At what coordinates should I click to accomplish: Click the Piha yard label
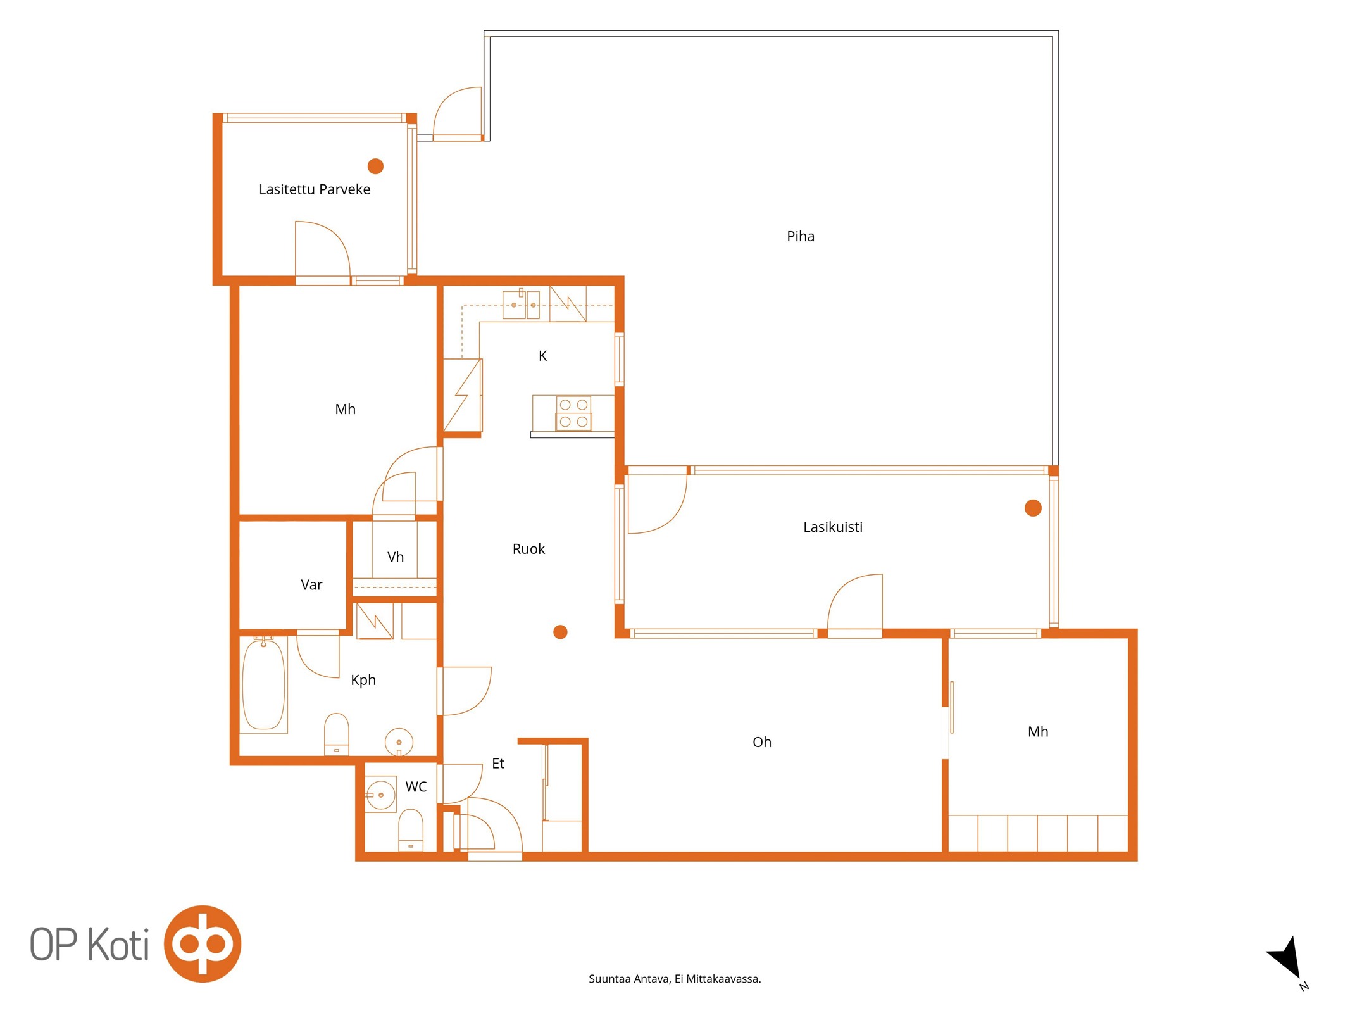(x=800, y=236)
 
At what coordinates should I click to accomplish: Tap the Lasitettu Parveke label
(x=315, y=189)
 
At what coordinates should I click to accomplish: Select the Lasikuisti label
(x=832, y=527)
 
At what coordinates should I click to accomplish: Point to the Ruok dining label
(x=528, y=549)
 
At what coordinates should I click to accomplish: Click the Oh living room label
(x=761, y=742)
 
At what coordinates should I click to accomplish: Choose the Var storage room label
(x=311, y=585)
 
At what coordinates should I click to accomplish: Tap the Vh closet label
(x=396, y=557)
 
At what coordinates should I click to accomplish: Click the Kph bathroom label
(x=363, y=681)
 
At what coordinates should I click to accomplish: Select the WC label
(x=416, y=787)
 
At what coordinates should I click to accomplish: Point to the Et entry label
(x=498, y=764)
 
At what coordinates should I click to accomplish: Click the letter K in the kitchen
(x=542, y=356)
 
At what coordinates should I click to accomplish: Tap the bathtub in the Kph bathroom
(x=263, y=684)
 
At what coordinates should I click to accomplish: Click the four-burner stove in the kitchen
(x=573, y=413)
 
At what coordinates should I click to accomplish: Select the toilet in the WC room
(x=411, y=830)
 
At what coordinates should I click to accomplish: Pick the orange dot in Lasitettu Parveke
(x=375, y=166)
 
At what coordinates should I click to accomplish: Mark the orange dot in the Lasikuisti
(x=1033, y=508)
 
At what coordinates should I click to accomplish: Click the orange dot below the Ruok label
(x=560, y=632)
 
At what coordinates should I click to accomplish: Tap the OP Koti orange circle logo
(x=203, y=944)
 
